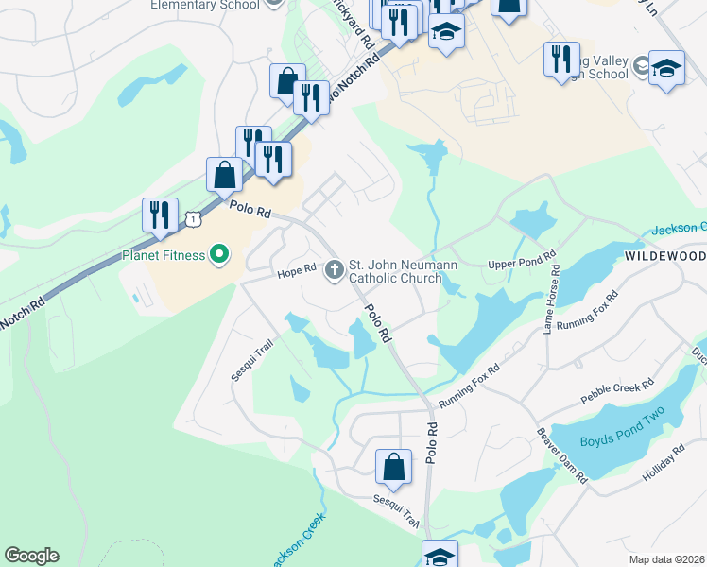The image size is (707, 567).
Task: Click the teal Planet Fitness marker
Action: click(219, 253)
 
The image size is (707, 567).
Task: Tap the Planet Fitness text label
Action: click(164, 254)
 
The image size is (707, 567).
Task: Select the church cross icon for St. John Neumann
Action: click(334, 271)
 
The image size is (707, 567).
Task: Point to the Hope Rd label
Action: click(295, 272)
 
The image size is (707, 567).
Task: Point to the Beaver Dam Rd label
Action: click(562, 455)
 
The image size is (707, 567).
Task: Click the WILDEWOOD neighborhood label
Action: click(664, 257)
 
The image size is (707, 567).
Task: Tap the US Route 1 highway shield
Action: click(193, 218)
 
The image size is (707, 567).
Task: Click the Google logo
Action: click(31, 556)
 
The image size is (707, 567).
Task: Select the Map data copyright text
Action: click(666, 559)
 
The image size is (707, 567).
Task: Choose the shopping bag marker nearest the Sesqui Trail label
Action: click(394, 467)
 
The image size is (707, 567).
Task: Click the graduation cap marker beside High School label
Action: click(666, 68)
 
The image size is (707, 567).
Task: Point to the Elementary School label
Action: click(204, 5)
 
